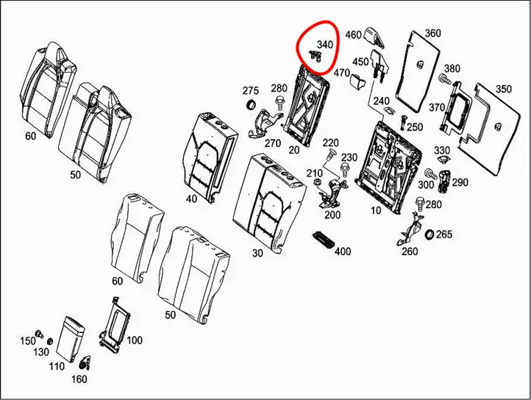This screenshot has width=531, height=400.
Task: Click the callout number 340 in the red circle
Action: pos(325,44)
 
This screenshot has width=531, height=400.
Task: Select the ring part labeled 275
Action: pos(251,104)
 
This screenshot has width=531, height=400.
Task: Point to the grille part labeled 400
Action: pos(323,240)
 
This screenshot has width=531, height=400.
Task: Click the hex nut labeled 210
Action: pos(317,182)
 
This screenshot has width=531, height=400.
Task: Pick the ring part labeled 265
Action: pos(430,235)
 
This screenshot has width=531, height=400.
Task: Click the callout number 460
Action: pos(354,35)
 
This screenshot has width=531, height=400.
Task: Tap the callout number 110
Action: pos(56,366)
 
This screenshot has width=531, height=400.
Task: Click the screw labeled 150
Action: pos(40,334)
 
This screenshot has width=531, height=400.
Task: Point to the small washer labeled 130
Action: pos(49,340)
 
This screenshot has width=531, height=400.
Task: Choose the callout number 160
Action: pos(79,379)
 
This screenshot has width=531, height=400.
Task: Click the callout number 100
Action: pos(135,340)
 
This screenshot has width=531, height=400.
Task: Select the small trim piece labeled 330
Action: pos(442,160)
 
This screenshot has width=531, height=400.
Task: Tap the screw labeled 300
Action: pos(430,174)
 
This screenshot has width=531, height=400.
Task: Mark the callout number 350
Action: pos(504,89)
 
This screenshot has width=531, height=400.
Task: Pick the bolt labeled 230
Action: pos(345,170)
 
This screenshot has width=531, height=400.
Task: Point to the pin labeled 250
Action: pos(403,121)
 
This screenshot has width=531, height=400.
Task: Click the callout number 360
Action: pos(432,33)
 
